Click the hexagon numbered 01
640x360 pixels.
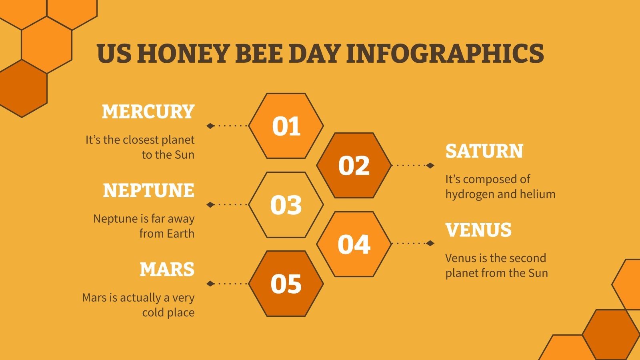286,126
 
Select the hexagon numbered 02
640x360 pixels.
354,165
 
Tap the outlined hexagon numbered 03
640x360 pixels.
286,205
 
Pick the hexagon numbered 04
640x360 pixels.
354,244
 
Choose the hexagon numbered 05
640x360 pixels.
286,284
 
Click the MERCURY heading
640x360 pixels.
148,112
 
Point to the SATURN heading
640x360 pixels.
484,151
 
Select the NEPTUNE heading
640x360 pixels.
148,190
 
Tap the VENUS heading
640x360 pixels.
478,230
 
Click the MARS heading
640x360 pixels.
167,270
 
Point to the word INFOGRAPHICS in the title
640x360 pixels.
445,54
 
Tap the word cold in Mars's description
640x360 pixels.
152,312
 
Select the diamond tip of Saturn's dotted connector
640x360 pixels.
430,165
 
